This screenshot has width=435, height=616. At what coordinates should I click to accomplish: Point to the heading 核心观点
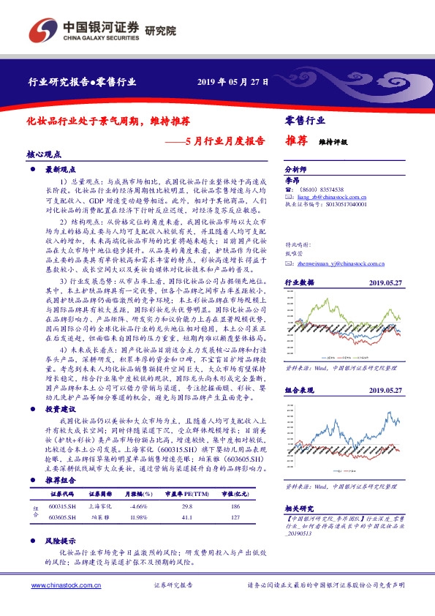(x=45, y=155)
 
